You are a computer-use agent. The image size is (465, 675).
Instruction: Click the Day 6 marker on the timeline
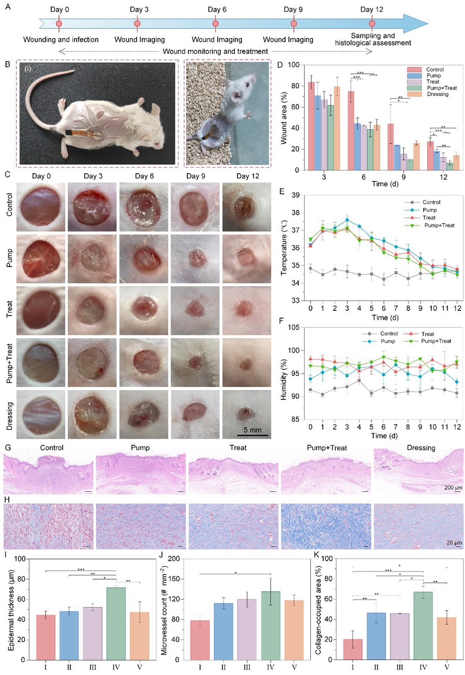pyautogui.click(x=216, y=24)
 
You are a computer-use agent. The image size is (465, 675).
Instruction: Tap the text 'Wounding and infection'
pyautogui.click(x=61, y=39)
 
